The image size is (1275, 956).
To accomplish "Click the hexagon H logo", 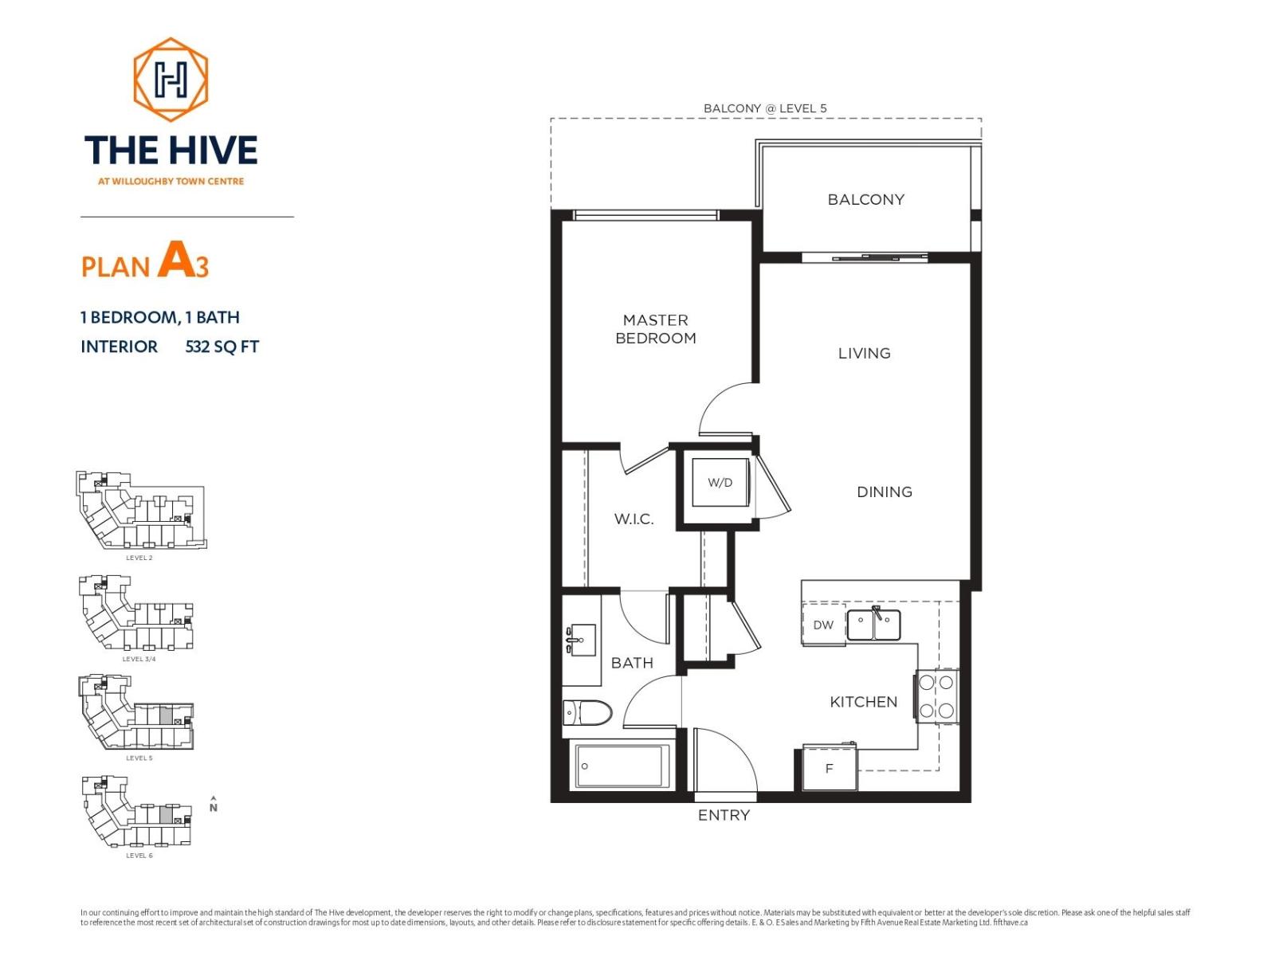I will tap(171, 79).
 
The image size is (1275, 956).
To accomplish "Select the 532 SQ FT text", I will tap(222, 347).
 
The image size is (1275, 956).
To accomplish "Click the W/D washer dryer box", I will tap(720, 483).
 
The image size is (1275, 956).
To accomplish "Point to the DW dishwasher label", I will tap(823, 625).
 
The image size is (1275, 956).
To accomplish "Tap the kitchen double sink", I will tap(873, 625).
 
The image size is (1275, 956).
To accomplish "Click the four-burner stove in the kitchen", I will tap(936, 696).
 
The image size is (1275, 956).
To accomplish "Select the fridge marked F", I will tap(829, 769).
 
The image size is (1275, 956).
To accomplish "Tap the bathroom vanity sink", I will tap(582, 640).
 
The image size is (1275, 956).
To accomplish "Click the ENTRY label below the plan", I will tap(724, 815).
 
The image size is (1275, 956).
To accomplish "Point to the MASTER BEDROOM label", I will tap(656, 329).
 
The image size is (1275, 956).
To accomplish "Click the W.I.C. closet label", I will tap(634, 519).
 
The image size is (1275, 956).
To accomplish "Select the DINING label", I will tap(885, 492).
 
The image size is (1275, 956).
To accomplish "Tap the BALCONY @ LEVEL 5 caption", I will tap(765, 108).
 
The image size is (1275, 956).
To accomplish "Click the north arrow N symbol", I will tap(213, 805).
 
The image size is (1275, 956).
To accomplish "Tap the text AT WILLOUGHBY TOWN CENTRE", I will tap(171, 182).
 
